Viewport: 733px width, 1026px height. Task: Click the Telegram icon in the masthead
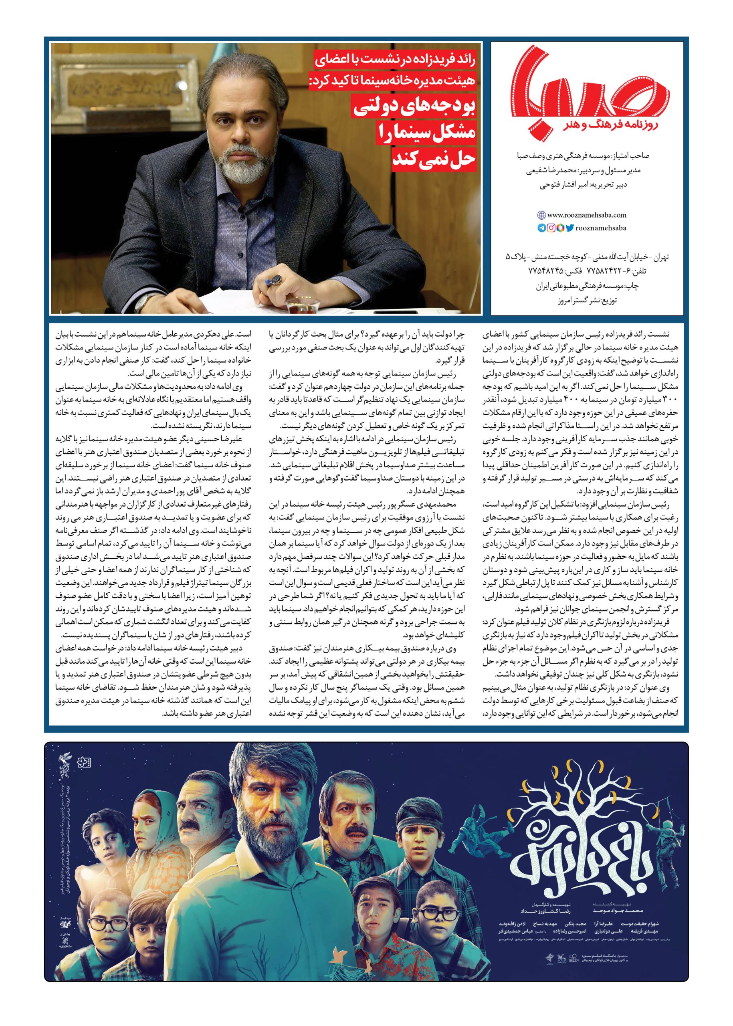coord(541,228)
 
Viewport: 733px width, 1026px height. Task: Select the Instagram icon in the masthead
coord(551,228)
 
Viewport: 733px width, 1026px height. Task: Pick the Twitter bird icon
coord(569,228)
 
